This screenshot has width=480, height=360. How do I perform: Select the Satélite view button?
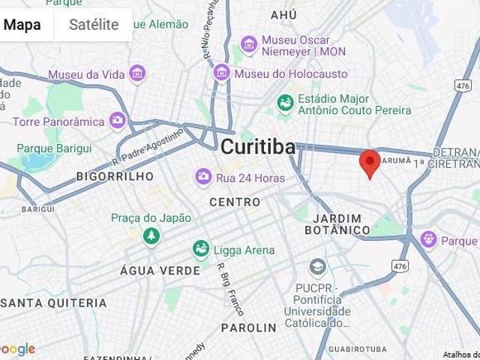tap(94, 24)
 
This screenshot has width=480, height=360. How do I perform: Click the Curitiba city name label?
tap(258, 147)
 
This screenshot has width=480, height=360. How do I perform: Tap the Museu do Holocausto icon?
tap(221, 73)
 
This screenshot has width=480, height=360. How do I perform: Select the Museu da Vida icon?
tap(136, 73)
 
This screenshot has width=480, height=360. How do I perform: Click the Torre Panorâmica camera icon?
tap(117, 119)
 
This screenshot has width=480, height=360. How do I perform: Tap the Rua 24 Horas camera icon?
tap(202, 176)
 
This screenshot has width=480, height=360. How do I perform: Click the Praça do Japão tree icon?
tap(151, 235)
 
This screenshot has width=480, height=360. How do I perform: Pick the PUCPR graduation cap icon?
tap(318, 268)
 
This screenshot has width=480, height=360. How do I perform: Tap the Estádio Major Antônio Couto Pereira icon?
tap(285, 103)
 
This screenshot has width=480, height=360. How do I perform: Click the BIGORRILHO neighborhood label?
tap(115, 176)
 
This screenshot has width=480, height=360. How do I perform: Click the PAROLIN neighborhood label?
tap(249, 328)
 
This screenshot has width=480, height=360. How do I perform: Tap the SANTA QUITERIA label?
tap(53, 303)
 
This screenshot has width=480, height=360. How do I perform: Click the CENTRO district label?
tap(235, 202)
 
